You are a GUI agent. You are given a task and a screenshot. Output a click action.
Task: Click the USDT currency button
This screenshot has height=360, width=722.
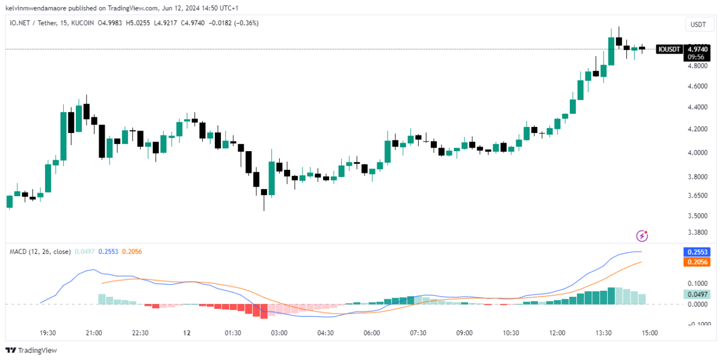[697, 25]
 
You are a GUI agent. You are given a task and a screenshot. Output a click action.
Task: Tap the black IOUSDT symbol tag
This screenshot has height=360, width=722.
[669, 49]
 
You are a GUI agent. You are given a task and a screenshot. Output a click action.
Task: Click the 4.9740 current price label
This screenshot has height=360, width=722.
[697, 49]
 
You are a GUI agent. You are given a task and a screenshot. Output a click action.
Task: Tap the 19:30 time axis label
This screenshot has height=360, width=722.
[48, 333]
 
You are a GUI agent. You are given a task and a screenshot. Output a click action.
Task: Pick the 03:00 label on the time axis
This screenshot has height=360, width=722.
[279, 333]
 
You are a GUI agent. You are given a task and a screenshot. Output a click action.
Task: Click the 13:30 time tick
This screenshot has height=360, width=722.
[603, 333]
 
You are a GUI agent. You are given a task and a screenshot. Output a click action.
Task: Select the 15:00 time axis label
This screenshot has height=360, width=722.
[650, 333]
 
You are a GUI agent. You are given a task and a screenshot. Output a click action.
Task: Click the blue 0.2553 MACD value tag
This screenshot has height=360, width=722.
[697, 252]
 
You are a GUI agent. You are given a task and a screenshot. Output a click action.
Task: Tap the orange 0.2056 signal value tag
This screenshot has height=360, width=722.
[697, 262]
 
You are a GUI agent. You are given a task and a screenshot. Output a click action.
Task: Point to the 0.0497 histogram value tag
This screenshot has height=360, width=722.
[697, 294]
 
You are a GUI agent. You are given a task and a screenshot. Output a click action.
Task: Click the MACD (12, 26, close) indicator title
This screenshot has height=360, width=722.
[40, 252]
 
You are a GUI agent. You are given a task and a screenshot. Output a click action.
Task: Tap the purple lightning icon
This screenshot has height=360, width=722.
[642, 235]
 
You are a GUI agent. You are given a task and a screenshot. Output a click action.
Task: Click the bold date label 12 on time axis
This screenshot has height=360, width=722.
[187, 333]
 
